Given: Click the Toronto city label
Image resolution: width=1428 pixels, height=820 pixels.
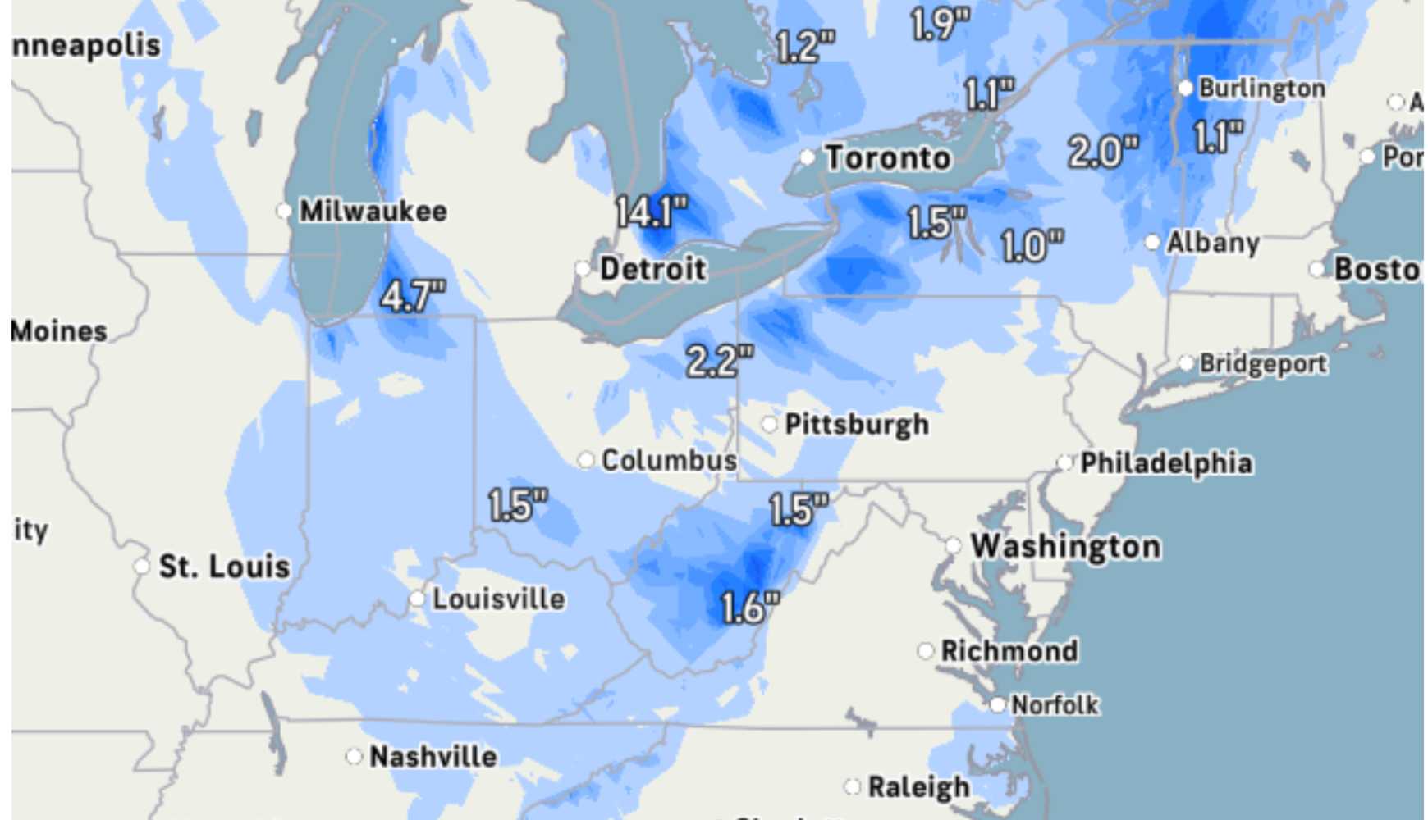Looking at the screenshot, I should (888, 157).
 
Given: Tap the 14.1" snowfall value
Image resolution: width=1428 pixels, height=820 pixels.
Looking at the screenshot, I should (652, 212).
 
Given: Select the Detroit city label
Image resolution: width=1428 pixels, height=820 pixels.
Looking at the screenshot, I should (652, 269).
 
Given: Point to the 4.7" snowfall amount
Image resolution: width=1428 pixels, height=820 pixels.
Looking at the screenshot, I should (413, 296).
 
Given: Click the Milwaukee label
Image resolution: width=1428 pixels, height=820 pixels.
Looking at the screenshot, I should (373, 212).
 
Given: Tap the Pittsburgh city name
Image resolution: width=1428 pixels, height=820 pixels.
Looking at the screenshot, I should (857, 425).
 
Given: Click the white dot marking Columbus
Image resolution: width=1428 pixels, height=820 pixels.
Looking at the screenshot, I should (586, 460).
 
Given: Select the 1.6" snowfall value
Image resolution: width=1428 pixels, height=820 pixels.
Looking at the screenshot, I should (749, 608).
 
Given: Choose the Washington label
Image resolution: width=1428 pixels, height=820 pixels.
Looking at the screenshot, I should (1065, 546).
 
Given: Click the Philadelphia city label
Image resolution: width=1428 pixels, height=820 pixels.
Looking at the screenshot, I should (1165, 463).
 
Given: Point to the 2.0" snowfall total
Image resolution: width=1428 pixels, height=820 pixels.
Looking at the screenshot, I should (1103, 152).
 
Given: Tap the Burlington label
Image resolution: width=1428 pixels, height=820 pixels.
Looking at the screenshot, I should (1261, 89).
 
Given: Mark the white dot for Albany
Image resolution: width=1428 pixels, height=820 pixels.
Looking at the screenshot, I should (1153, 243).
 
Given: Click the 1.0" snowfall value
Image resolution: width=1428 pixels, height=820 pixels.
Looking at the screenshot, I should (1032, 246).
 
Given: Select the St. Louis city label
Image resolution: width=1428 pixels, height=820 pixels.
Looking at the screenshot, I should (224, 567).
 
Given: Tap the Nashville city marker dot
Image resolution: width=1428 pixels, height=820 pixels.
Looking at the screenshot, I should (355, 756).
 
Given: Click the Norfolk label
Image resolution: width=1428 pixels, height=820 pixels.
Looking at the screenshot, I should (1054, 705).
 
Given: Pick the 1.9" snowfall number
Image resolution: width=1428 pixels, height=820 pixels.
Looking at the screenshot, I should (941, 24).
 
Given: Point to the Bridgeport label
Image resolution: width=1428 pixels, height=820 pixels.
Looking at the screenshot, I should (1262, 363).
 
